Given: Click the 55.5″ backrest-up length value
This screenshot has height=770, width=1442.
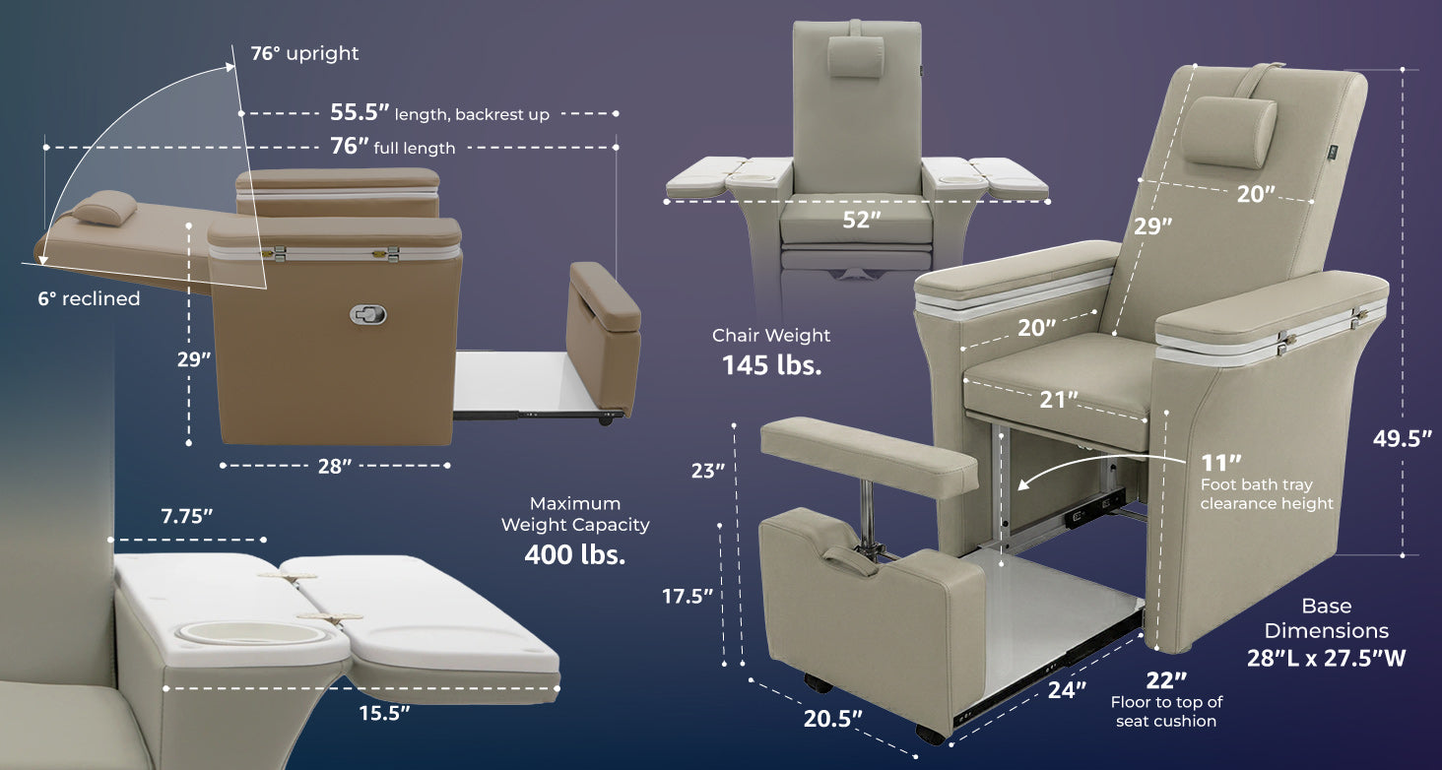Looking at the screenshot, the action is click(x=360, y=112).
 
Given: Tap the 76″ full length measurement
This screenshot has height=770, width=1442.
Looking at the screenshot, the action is click(x=350, y=147).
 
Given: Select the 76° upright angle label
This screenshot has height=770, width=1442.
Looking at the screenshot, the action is click(x=304, y=53).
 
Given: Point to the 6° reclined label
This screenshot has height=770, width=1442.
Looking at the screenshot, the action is click(x=89, y=298).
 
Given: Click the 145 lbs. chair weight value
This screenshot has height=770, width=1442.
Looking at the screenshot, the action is click(x=772, y=365).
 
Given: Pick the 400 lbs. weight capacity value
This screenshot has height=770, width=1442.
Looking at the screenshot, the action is click(x=575, y=554).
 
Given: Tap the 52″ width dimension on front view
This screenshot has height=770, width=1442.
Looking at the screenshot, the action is click(x=861, y=220).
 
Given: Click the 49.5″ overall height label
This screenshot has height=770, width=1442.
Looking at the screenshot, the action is click(x=1402, y=439).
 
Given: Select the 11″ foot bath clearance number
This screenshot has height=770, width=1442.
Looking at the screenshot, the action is click(x=1221, y=463).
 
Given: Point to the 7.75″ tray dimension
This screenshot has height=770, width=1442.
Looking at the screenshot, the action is click(x=187, y=516).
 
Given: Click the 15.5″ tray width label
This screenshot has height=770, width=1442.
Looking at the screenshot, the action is click(x=384, y=713).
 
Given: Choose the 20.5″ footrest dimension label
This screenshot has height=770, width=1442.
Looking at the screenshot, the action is click(x=832, y=719).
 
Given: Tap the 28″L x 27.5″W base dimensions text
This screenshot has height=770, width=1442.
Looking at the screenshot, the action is click(x=1326, y=658).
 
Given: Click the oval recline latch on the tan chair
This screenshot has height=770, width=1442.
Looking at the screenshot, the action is click(x=367, y=314).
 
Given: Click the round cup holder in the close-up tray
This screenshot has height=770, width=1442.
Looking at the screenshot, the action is click(x=251, y=634).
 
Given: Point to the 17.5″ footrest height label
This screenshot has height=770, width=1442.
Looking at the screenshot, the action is click(x=688, y=597).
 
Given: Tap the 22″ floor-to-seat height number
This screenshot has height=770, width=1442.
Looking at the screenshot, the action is click(x=1166, y=680).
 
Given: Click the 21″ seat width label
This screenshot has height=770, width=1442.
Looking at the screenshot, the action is click(x=1058, y=400).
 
